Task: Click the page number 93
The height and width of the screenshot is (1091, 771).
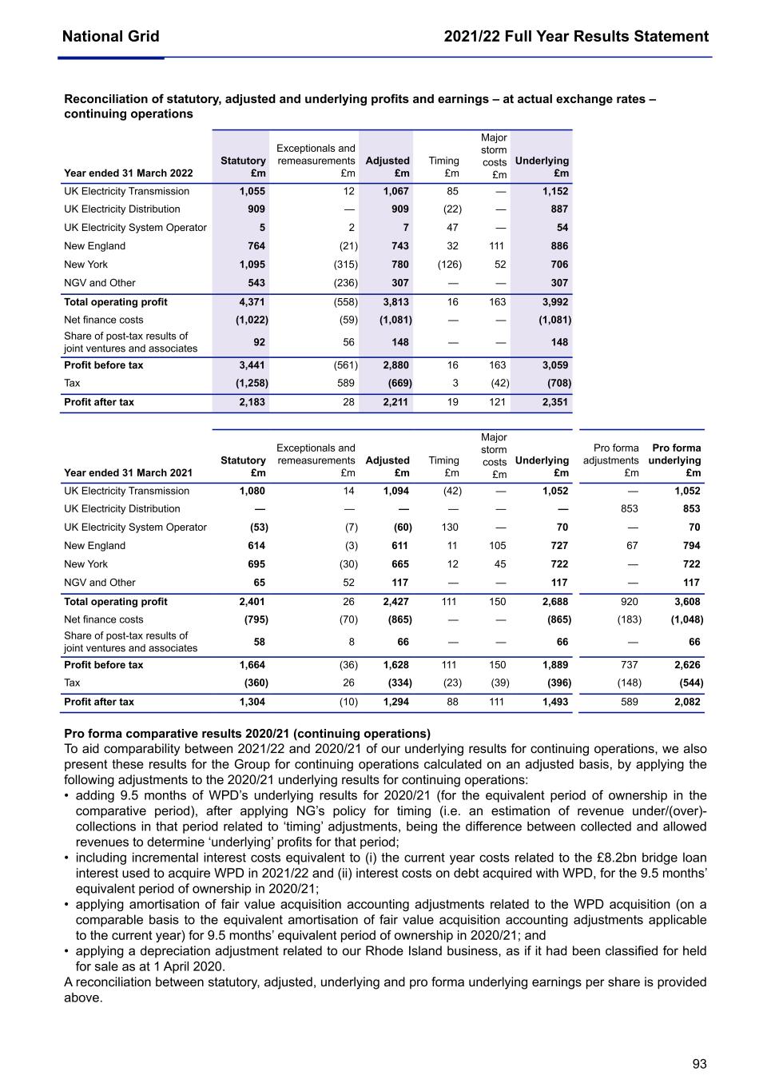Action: point(699,1064)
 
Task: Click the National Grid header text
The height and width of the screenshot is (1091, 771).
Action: point(110,36)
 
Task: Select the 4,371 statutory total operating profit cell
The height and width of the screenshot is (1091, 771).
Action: point(252,302)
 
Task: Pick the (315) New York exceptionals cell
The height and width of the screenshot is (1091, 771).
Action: point(345,265)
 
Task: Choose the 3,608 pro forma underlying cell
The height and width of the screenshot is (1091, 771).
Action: point(686,602)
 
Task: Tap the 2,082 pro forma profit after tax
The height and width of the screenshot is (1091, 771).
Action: point(686,702)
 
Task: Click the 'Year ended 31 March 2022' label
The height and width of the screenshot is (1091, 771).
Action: point(128,173)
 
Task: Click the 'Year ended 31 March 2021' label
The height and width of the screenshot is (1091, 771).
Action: point(128,473)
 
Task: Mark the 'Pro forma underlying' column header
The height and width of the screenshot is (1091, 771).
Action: point(676,454)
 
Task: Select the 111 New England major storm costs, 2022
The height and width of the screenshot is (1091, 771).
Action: point(497,246)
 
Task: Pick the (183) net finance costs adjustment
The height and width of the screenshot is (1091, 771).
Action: point(629,619)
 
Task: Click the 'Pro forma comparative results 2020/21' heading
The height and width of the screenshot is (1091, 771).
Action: point(247,734)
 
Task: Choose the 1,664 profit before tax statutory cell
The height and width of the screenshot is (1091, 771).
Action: point(252,665)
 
